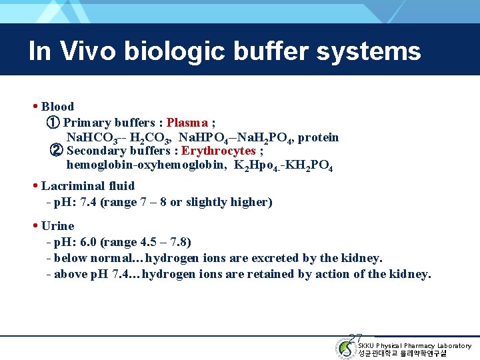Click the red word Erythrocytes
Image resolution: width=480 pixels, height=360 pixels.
(219, 151)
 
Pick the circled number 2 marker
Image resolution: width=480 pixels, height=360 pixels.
(57, 151)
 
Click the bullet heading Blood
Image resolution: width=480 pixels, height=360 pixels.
(57, 106)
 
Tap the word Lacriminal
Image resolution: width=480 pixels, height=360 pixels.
(71, 186)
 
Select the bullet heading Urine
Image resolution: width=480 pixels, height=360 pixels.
(57, 226)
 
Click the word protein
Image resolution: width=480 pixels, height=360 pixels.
(318, 137)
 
